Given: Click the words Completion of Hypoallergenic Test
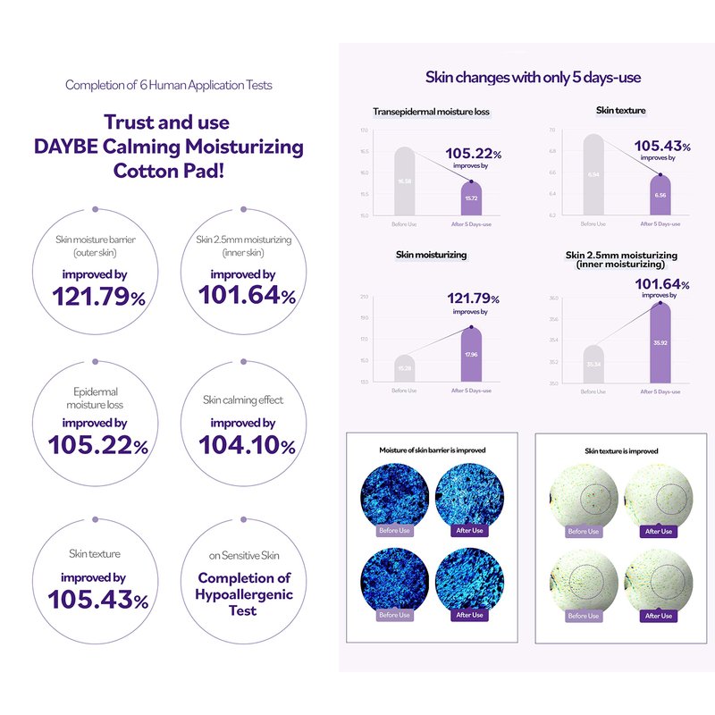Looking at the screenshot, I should pyautogui.click(x=245, y=594).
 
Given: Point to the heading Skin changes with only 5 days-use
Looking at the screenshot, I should pyautogui.click(x=533, y=78).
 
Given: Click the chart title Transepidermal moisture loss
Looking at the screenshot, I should pyautogui.click(x=431, y=112).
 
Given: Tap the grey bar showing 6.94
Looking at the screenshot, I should pyautogui.click(x=593, y=174).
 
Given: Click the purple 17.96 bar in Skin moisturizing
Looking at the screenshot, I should pyautogui.click(x=471, y=356).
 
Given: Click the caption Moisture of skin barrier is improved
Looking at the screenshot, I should pyautogui.click(x=433, y=450).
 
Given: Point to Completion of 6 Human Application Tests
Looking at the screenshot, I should pyautogui.click(x=169, y=86).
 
